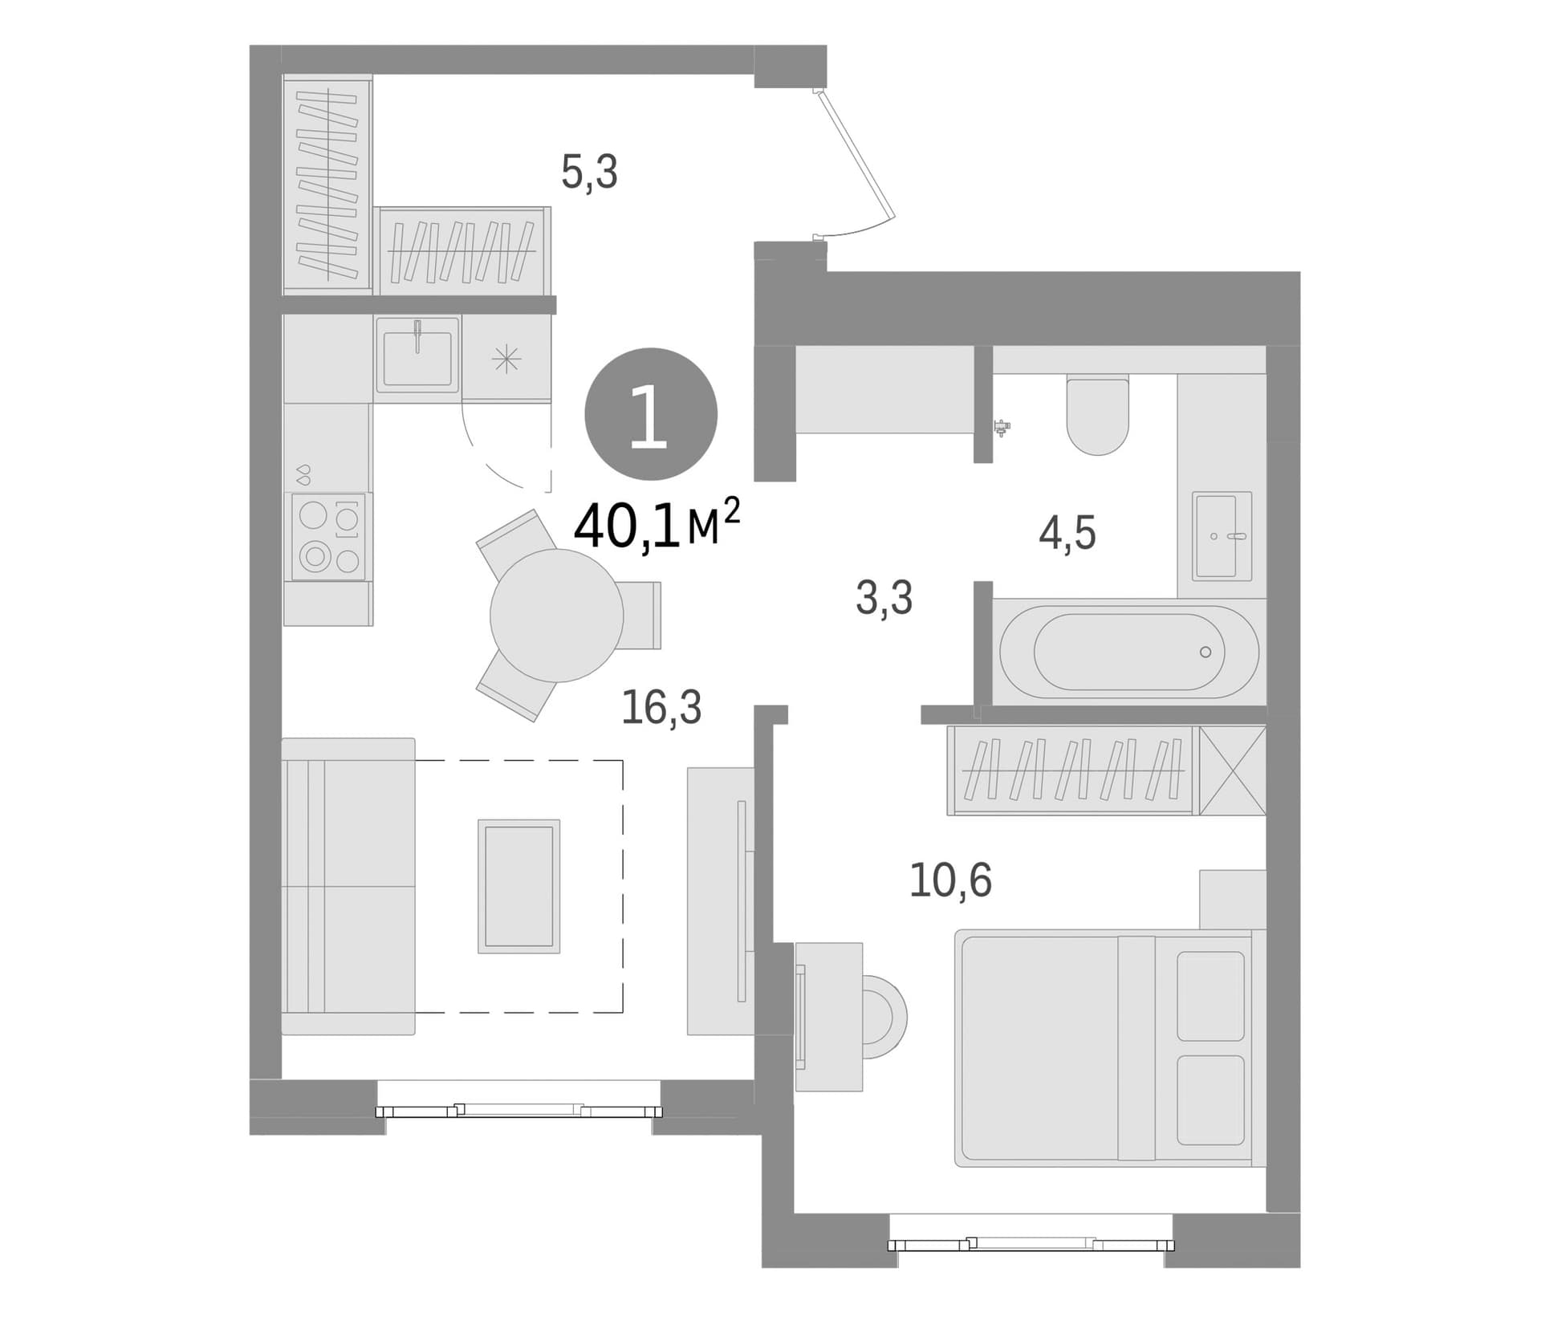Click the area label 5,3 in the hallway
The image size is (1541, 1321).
(x=589, y=172)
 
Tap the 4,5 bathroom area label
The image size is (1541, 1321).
(x=1067, y=533)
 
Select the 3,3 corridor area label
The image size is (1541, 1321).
(x=884, y=598)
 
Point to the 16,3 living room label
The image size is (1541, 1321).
(x=661, y=707)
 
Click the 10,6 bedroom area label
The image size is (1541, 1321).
(x=950, y=880)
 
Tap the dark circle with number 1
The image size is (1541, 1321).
(x=650, y=415)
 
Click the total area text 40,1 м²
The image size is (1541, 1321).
(x=657, y=525)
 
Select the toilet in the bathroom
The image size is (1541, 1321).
(x=1098, y=414)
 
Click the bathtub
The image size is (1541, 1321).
(x=1129, y=652)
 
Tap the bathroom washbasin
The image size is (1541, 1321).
(x=1222, y=535)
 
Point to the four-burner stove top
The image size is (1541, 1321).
(x=328, y=536)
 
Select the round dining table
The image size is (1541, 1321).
(x=557, y=616)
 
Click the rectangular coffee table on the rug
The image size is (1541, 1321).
(x=518, y=886)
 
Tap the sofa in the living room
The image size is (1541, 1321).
(x=348, y=886)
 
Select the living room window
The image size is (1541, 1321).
(x=519, y=1111)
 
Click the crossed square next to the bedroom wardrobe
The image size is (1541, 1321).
(x=1233, y=770)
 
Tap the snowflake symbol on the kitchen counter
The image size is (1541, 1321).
(x=506, y=360)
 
